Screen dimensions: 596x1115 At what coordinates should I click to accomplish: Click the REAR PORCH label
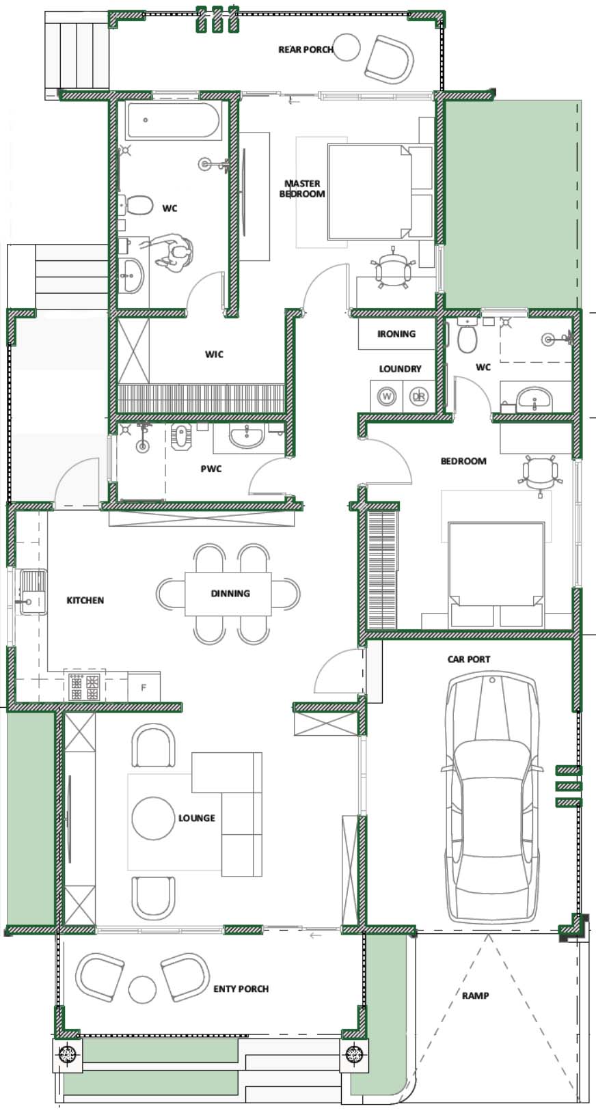point(306,49)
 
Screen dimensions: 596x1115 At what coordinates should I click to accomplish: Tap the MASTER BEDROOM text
point(302,189)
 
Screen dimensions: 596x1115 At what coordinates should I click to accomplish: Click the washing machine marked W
point(386,396)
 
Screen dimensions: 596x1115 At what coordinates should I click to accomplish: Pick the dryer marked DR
point(419,396)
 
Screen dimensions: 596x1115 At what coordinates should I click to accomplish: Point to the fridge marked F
point(144,687)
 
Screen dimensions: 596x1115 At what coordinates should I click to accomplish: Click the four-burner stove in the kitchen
point(84,687)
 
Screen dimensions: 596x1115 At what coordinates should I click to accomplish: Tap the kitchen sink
point(33,592)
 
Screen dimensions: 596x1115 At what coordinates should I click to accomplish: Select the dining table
point(228,594)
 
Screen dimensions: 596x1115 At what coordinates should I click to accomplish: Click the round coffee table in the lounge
point(153,818)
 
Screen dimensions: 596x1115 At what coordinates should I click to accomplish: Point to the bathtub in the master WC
point(173,120)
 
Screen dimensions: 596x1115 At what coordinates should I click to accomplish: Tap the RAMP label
point(476,995)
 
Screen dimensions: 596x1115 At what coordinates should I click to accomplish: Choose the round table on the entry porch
point(142,989)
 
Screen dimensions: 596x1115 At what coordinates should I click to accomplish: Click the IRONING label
point(396,334)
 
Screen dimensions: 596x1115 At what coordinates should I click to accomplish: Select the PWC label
point(211,469)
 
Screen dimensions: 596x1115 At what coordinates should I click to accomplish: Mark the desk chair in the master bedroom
point(394,268)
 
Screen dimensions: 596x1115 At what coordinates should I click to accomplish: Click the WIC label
point(214,355)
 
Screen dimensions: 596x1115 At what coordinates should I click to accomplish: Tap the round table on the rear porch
point(346,47)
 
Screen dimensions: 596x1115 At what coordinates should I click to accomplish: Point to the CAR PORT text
point(469,659)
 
